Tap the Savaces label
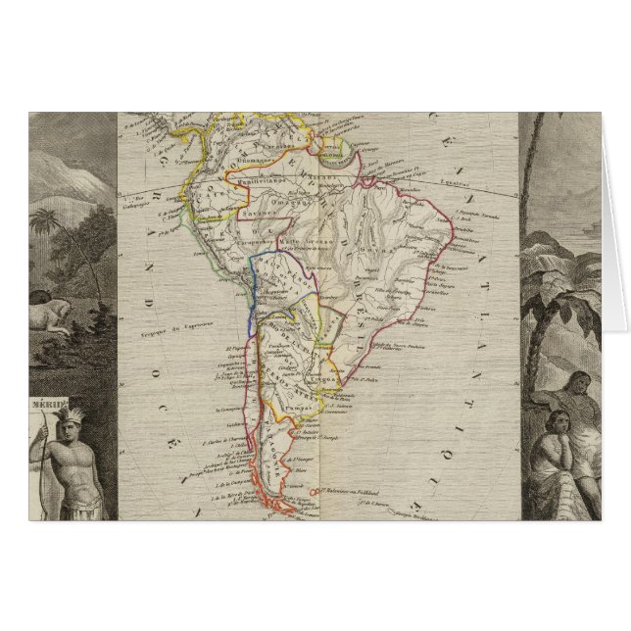[x=262, y=211]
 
